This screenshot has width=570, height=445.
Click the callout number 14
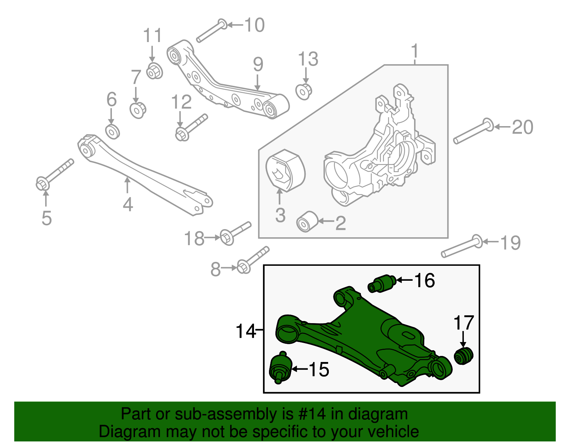[x=246, y=331]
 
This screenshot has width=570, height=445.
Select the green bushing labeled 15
[x=280, y=368]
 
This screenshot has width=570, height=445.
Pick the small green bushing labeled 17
[x=463, y=355]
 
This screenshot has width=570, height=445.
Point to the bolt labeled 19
[x=462, y=247]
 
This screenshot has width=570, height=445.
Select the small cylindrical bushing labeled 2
[x=307, y=222]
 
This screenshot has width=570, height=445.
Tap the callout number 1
[x=415, y=51]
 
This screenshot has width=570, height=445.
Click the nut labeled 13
[x=304, y=91]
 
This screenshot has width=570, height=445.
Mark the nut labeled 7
[x=138, y=110]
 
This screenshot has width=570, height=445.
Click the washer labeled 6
[x=113, y=132]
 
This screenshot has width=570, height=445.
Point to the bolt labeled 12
[x=191, y=127]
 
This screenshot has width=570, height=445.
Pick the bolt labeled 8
[x=253, y=260]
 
